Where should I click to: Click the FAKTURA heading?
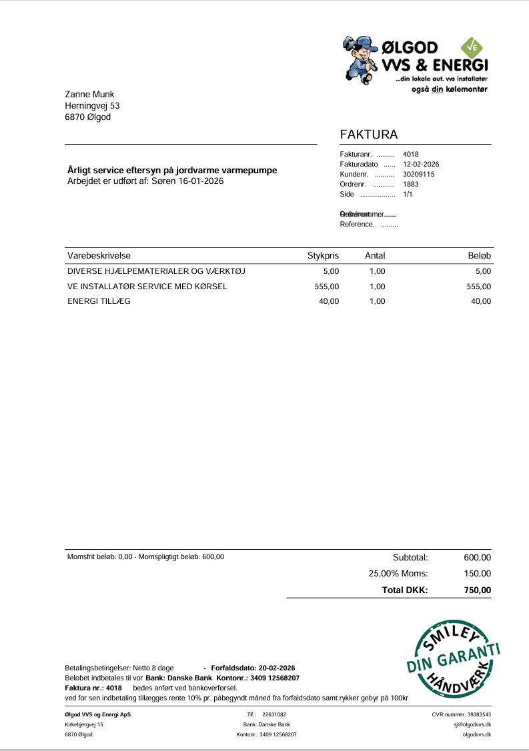coord(369,135)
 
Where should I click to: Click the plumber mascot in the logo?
coord(360,59)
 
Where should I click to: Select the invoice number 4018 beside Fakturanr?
coord(411,154)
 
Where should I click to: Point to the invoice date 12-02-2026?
coord(421,164)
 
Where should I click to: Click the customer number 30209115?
coord(419,174)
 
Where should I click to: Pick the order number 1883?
coord(411,184)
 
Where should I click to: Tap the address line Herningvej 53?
coord(92,105)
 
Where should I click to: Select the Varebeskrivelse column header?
coord(99,256)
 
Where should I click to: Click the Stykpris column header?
coord(323,256)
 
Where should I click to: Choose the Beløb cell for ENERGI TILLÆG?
coord(480,301)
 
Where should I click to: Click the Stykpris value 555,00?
coord(327,287)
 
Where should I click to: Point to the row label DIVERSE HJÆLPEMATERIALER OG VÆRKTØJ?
coord(147,271)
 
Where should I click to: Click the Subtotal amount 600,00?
coord(477,558)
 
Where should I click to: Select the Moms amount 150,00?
coord(477,574)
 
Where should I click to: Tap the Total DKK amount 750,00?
coord(477,590)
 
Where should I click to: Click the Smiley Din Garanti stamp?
coord(453,660)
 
